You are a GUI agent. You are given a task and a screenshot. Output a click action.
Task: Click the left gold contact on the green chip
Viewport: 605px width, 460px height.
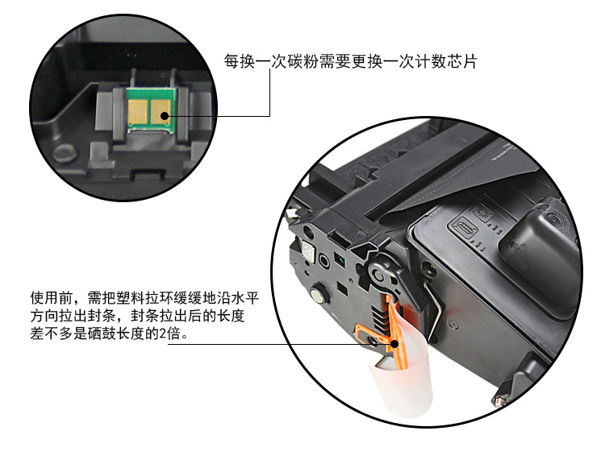(x=137, y=112)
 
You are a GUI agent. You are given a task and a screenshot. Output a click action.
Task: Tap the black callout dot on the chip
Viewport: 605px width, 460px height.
(x=165, y=115)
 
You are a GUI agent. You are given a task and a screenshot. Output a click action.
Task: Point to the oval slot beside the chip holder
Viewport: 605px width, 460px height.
(x=63, y=153)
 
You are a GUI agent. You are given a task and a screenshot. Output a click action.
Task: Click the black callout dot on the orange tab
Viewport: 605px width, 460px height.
(x=394, y=344)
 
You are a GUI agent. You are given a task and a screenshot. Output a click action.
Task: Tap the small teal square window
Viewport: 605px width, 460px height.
(x=339, y=258)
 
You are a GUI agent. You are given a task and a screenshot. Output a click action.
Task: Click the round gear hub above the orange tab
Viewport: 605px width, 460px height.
(x=378, y=274)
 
